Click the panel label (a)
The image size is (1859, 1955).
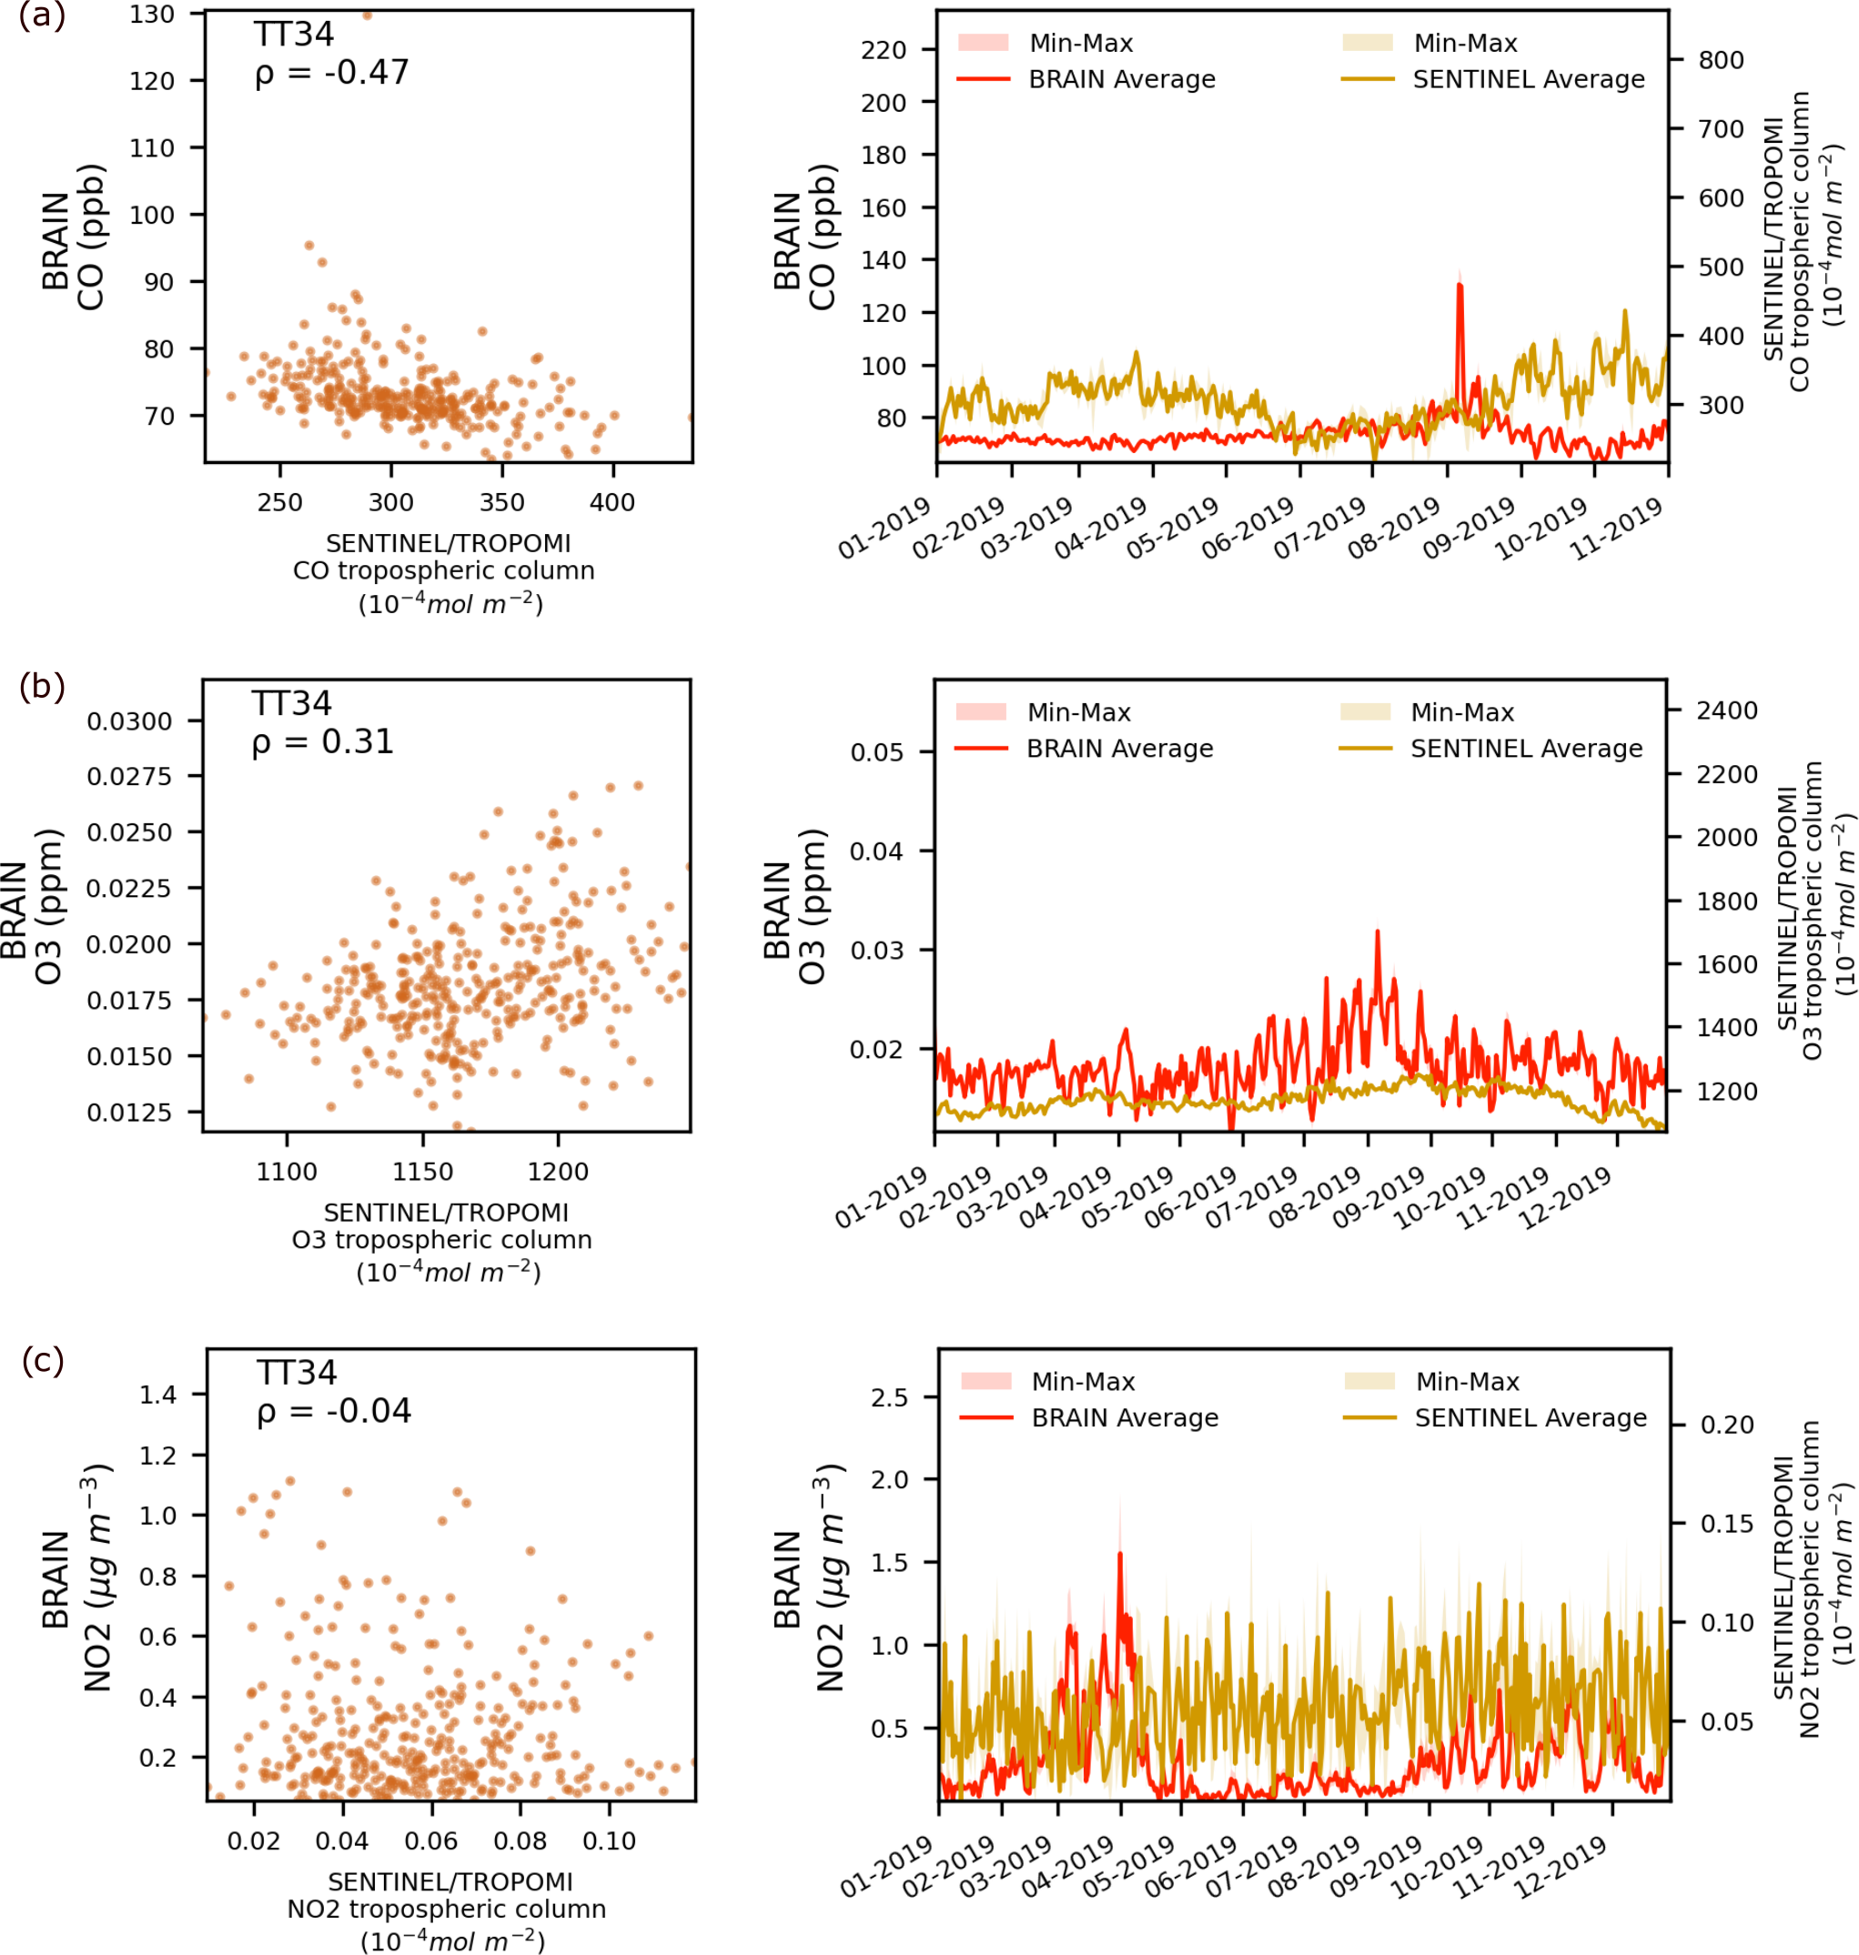point(42,17)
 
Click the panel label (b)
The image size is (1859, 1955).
point(42,686)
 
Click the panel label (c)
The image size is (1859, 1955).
point(43,1360)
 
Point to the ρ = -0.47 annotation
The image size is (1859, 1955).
point(331,73)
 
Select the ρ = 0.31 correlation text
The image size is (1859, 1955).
point(323,741)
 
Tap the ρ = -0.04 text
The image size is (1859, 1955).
point(334,1410)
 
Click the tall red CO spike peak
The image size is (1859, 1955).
point(1460,286)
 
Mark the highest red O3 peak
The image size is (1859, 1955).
point(1378,932)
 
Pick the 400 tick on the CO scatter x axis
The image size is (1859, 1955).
point(612,502)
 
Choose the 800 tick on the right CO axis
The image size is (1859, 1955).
point(1722,60)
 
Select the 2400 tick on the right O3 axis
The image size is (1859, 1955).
point(1727,710)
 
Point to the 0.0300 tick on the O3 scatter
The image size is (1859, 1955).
point(130,721)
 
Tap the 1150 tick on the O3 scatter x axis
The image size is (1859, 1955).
point(422,1171)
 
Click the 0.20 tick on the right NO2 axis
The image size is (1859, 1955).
point(1727,1425)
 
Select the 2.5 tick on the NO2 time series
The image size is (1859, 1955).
point(890,1397)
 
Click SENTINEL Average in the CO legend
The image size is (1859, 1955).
point(1528,79)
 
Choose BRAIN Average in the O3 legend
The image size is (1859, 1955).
point(1120,748)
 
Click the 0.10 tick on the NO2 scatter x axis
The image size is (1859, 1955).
point(609,1840)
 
